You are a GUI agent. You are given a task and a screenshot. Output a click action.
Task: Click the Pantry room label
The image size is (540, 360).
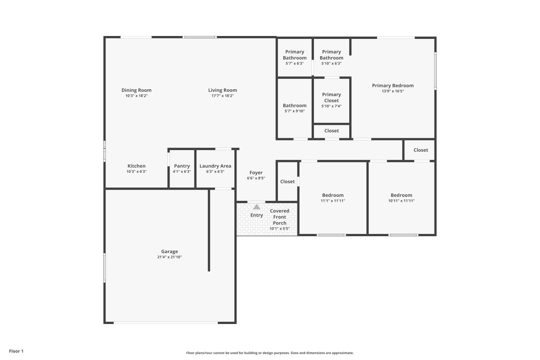click(182, 166)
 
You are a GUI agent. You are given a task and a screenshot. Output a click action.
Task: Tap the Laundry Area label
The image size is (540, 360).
click(215, 166)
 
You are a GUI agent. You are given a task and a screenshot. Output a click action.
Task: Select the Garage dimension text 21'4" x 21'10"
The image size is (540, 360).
click(170, 257)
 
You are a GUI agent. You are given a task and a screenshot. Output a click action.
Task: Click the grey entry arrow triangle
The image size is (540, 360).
click(256, 207)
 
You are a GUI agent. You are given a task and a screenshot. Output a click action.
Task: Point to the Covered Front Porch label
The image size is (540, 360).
click(279, 217)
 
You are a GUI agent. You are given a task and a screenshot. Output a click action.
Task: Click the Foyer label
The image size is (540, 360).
click(256, 173)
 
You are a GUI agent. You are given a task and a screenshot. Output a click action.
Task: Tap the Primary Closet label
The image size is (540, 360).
click(331, 98)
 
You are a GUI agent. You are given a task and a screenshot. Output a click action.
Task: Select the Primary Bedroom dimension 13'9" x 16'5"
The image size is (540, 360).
click(393, 91)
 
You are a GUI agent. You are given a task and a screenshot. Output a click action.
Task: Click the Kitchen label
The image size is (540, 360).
click(136, 166)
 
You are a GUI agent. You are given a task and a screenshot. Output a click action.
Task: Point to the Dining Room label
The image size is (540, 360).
click(136, 90)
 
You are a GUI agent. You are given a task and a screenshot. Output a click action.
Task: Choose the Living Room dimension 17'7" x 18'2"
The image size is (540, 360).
click(222, 96)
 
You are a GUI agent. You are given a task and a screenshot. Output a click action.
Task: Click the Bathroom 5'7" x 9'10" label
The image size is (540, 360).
click(294, 105)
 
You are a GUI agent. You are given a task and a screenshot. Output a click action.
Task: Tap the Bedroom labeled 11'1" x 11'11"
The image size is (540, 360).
click(333, 195)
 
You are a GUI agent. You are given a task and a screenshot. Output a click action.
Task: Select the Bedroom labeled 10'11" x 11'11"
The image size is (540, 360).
click(401, 195)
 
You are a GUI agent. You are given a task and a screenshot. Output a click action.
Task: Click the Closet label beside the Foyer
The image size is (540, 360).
click(287, 181)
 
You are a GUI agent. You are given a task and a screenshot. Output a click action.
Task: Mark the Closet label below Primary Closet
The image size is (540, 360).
click(331, 131)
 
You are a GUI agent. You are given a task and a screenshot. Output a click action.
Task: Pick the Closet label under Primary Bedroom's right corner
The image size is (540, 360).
click(420, 150)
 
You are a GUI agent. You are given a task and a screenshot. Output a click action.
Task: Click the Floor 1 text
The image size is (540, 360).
click(16, 351)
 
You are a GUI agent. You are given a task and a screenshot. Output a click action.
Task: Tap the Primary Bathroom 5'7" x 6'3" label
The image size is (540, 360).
click(294, 55)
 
